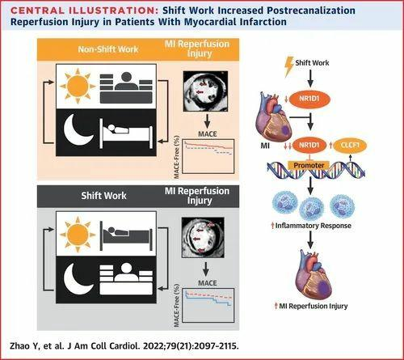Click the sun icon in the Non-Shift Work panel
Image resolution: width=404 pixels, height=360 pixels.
[78, 86]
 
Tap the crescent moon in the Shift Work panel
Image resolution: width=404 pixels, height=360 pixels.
[78, 279]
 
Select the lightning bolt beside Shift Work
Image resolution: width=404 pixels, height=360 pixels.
[289, 66]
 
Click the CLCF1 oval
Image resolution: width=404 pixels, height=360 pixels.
[350, 146]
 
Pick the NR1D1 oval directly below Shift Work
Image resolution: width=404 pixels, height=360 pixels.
[309, 99]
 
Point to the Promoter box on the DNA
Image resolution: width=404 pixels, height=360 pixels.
[309, 165]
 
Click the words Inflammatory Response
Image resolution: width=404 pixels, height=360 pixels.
[313, 226]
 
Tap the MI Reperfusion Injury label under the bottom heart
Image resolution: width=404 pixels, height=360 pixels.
[314, 306]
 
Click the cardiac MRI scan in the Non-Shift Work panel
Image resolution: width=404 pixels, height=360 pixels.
[205, 91]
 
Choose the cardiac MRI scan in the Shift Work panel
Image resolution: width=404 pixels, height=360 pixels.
[203, 237]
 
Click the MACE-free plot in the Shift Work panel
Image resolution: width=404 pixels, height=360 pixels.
[208, 305]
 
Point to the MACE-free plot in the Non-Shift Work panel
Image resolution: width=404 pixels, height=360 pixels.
[208, 156]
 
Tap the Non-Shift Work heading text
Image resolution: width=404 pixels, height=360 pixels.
[108, 49]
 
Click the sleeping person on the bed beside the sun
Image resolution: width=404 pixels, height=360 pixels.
[126, 236]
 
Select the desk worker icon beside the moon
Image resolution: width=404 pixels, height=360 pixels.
[126, 279]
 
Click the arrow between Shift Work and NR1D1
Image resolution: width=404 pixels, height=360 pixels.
[310, 78]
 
